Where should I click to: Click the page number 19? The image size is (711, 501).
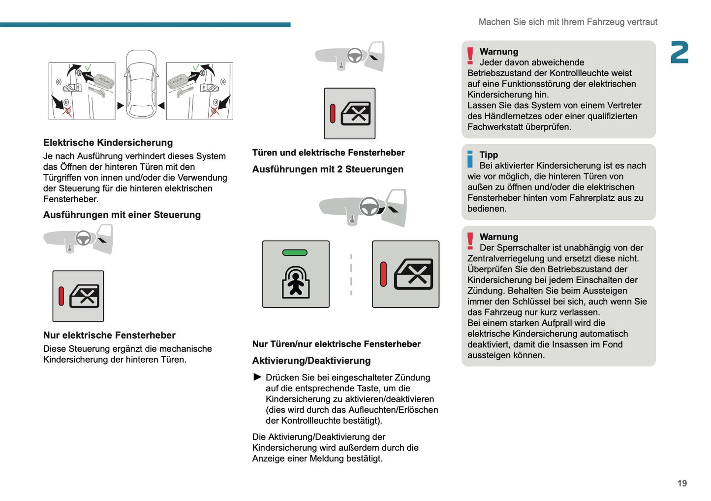[681, 483]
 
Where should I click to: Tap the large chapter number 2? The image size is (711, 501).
[679, 53]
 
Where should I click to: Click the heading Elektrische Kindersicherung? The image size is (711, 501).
[108, 143]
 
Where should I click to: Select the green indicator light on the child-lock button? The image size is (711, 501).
[295, 252]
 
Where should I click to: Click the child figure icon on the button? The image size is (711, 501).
[296, 283]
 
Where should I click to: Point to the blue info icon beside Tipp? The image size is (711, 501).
[470, 159]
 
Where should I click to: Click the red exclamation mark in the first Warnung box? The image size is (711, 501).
[470, 56]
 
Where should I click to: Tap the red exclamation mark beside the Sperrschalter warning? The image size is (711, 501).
[470, 242]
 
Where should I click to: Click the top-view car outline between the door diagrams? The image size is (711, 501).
[141, 84]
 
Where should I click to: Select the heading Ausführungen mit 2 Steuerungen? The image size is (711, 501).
[328, 169]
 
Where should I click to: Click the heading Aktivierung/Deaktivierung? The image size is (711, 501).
[311, 361]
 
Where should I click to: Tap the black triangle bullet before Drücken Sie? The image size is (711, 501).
[257, 377]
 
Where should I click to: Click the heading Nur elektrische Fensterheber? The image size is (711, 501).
[109, 335]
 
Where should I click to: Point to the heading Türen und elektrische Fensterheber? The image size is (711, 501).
[328, 153]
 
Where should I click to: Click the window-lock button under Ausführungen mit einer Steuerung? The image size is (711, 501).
[78, 296]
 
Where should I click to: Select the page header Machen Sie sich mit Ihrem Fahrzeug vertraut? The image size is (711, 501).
[568, 22]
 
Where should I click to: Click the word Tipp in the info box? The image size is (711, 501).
[489, 155]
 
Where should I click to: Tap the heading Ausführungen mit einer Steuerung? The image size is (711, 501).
[122, 215]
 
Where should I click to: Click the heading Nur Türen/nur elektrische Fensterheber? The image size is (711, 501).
[336, 344]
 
